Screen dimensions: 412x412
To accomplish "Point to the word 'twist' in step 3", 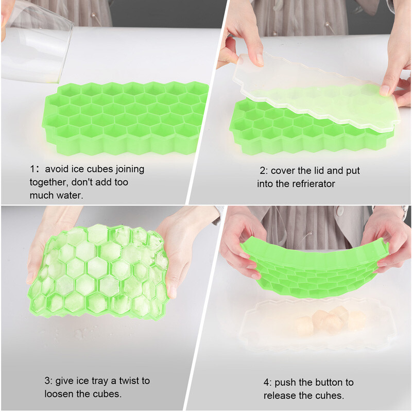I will [128, 381].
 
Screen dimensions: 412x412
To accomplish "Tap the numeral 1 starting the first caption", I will [32, 169].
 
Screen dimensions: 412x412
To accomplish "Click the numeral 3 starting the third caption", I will [47, 381].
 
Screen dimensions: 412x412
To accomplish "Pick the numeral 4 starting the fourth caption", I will [267, 382].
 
